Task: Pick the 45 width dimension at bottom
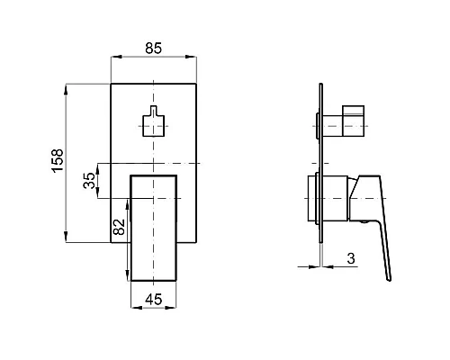[x=153, y=301]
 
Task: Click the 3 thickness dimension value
[x=349, y=259]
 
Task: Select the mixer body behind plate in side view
[x=310, y=198]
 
